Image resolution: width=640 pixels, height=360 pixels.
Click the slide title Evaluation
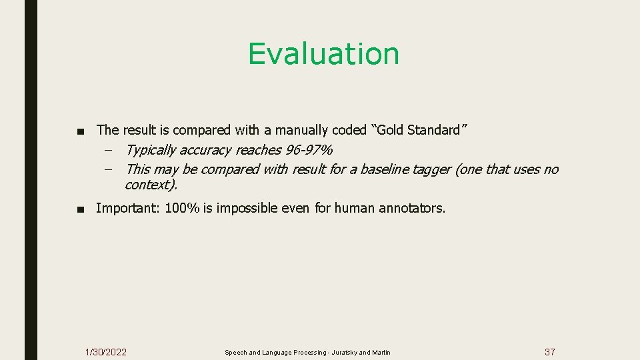click(x=323, y=54)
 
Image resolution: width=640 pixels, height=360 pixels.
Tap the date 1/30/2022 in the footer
click(x=106, y=352)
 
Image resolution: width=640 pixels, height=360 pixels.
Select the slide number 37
click(x=549, y=352)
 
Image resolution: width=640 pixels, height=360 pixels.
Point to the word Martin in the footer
click(x=381, y=353)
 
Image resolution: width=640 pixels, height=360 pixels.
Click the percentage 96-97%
click(x=309, y=150)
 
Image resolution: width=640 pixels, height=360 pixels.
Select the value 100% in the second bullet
click(x=182, y=208)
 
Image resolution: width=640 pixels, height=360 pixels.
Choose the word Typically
click(x=155, y=150)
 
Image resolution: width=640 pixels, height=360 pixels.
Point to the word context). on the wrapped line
click(x=151, y=184)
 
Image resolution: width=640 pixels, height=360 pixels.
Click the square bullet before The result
click(x=81, y=130)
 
